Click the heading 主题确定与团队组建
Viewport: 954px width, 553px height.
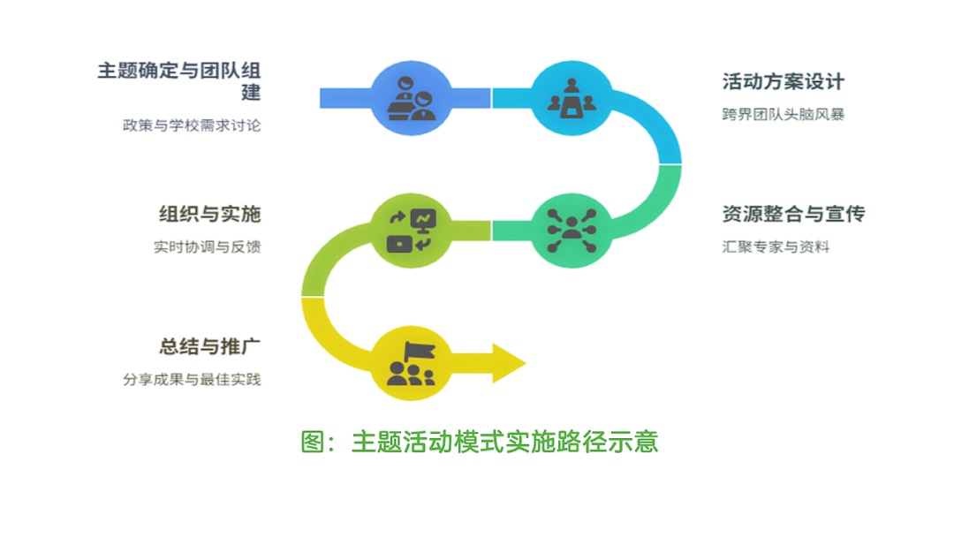179,72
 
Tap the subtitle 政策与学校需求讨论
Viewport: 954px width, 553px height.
192,125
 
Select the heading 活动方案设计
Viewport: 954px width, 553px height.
783,82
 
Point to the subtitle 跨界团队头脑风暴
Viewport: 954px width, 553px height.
783,115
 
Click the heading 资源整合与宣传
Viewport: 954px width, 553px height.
792,214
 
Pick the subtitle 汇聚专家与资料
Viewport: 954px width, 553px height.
776,247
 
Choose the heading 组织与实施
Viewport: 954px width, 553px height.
209,214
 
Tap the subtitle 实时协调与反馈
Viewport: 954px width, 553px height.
207,247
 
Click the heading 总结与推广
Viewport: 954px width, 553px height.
210,345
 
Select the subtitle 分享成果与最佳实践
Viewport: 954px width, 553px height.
192,380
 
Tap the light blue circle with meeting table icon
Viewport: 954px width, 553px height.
572,97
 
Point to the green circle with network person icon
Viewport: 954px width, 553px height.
572,230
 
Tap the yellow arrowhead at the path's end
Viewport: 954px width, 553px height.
508,362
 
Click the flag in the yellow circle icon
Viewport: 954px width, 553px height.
419,351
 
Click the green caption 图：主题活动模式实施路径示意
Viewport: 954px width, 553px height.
480,441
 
